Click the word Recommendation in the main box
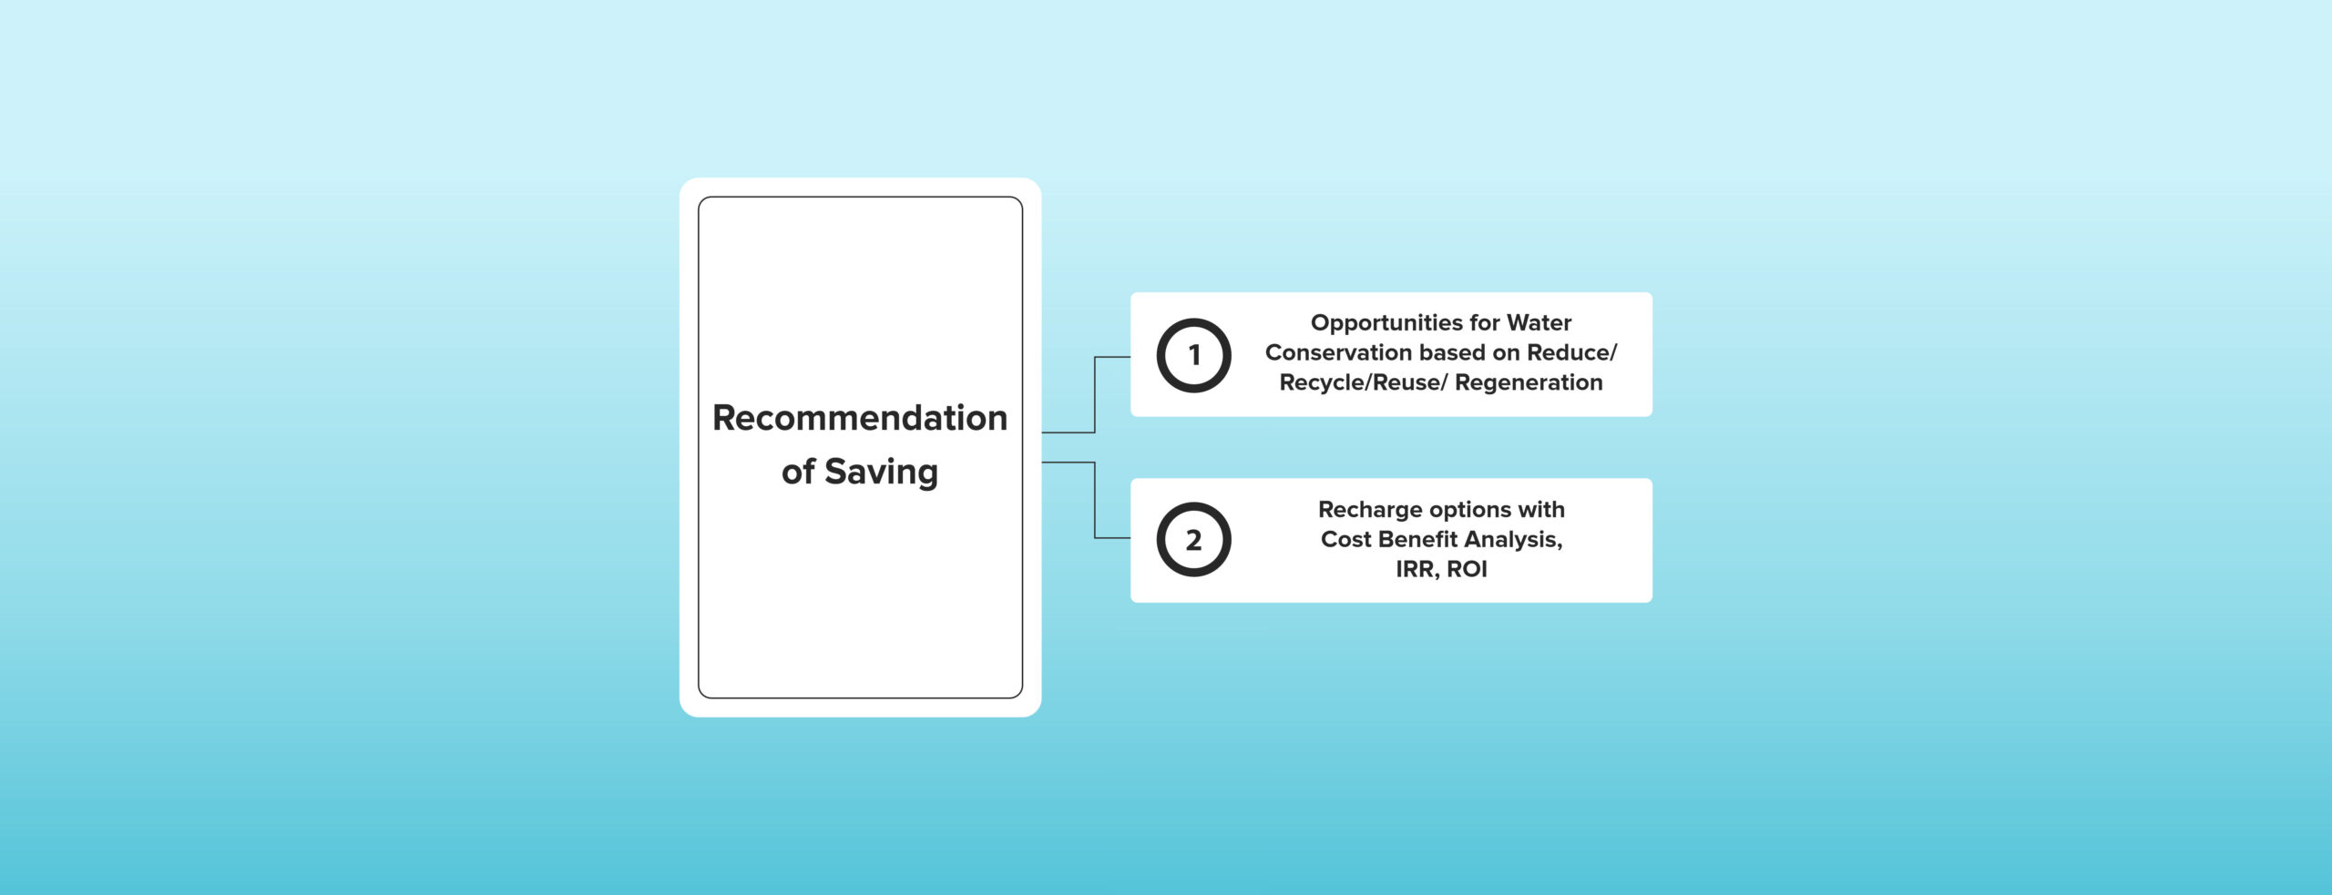[860, 418]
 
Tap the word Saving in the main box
[881, 473]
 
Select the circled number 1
[1193, 355]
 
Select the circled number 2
[1193, 540]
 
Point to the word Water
[1539, 322]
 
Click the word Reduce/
[1572, 352]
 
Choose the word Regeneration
[1529, 383]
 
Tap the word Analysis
[1513, 540]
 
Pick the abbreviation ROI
[1467, 569]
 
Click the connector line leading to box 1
[1095, 394]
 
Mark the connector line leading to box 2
[1095, 500]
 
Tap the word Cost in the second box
[1346, 539]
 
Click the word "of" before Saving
[798, 472]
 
